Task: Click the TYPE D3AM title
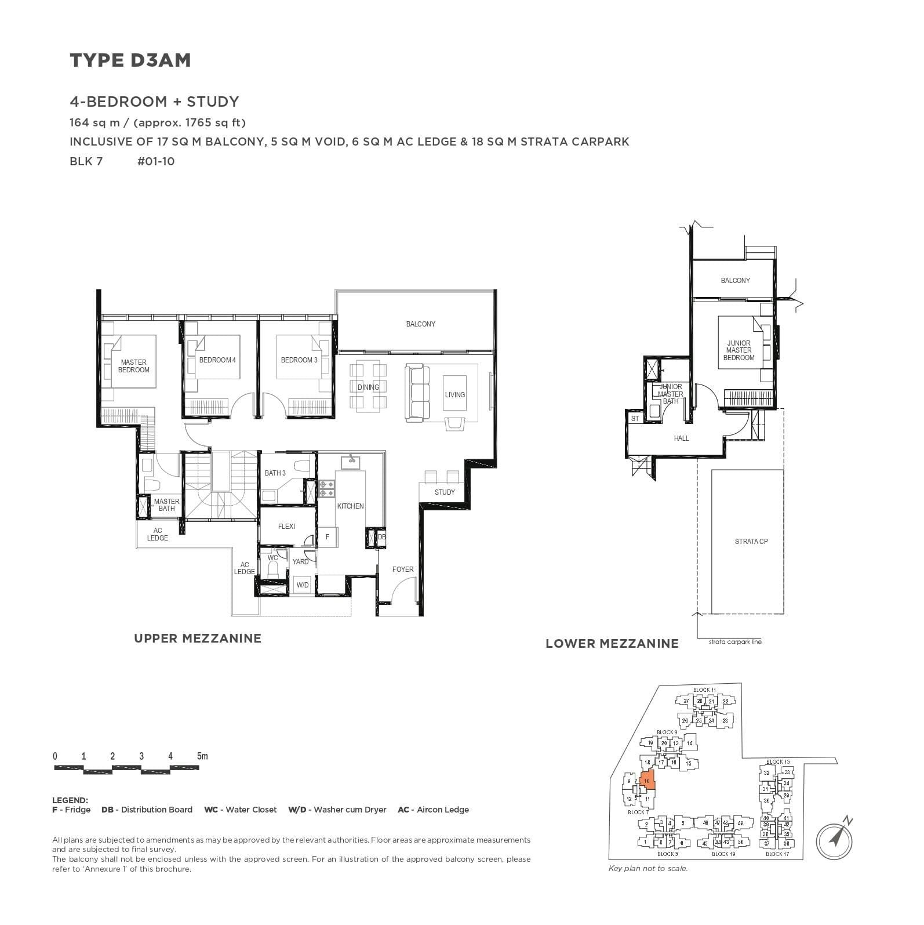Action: click(130, 60)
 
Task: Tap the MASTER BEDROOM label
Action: click(134, 366)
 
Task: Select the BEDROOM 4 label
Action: click(217, 360)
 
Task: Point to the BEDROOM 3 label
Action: click(299, 360)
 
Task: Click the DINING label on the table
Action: click(368, 387)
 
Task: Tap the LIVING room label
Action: click(454, 395)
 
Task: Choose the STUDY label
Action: click(445, 492)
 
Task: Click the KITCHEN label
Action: click(350, 506)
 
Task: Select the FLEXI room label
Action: click(286, 527)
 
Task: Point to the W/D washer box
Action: click(303, 585)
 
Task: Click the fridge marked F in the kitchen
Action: click(328, 537)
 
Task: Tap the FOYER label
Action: click(402, 569)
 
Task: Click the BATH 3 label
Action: click(275, 473)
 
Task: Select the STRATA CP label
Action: click(751, 542)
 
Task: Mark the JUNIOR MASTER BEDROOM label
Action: click(739, 350)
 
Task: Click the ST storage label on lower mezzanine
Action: click(635, 418)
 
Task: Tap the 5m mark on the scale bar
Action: click(202, 756)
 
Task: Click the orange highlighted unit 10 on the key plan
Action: click(647, 781)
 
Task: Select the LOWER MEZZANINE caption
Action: click(612, 644)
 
